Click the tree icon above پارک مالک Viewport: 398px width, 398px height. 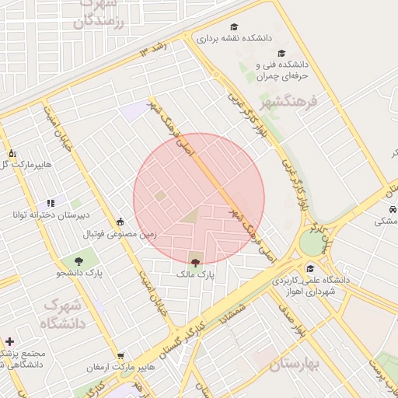tap(194, 262)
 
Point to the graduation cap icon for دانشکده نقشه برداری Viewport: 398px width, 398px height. tap(234, 25)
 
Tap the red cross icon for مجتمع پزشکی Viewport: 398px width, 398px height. tap(9, 341)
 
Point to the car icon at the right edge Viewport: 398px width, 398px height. tap(393, 210)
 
